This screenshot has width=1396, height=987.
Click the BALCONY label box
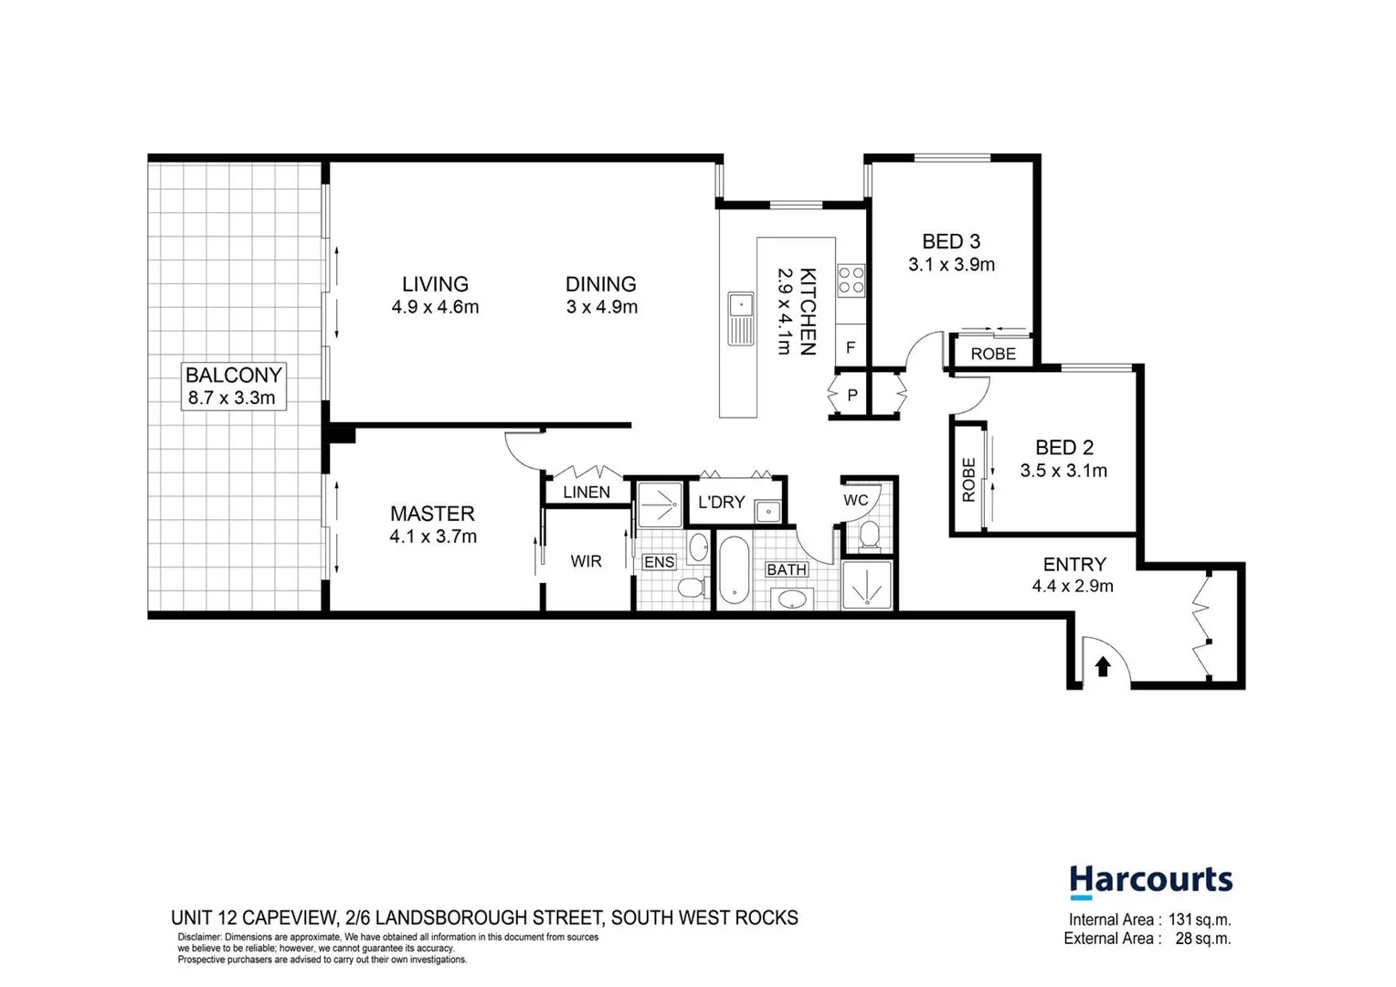pos(234,386)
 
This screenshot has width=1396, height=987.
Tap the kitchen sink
pos(741,318)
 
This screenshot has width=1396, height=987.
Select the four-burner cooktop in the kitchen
pos(851,280)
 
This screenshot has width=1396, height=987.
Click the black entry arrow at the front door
pos(1103,666)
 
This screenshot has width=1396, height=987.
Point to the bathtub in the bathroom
pos(734,570)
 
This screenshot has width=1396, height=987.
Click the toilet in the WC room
pos(869,536)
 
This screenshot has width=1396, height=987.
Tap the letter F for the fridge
pos(851,347)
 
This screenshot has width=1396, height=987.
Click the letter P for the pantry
pos(851,395)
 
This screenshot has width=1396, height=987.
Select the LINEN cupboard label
pos(587,492)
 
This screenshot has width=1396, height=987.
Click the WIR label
pos(586,561)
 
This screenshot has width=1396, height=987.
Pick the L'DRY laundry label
pos(721,502)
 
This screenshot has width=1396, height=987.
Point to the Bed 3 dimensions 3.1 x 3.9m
pos(951,264)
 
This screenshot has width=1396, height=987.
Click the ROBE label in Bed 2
pos(968,480)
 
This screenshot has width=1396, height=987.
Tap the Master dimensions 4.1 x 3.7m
pos(433,536)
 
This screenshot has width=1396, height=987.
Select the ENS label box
pos(660,562)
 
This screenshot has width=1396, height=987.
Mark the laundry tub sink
pos(767,512)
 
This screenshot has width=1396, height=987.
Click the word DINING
pos(601,284)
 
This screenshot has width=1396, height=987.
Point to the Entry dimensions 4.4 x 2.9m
pos(1073,586)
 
